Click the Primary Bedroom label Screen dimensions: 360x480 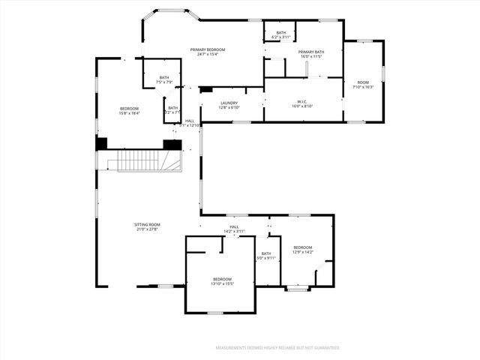click(208, 49)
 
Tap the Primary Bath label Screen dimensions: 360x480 click(310, 52)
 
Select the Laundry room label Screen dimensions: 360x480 click(229, 103)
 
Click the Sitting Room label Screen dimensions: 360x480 click(147, 225)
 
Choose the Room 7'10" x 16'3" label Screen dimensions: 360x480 click(363, 84)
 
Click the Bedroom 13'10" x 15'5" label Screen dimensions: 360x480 click(221, 280)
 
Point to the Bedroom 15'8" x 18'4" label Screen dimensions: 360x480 click(129, 111)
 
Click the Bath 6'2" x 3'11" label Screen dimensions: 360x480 click(281, 34)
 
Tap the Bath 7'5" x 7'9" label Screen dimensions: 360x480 click(163, 79)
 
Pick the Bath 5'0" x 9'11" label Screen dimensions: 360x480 click(266, 256)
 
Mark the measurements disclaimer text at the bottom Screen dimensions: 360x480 click(277, 348)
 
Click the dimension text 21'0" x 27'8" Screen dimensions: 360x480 click(147, 229)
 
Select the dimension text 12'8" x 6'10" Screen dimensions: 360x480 click(229, 107)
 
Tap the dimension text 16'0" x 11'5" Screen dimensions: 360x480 click(310, 56)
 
